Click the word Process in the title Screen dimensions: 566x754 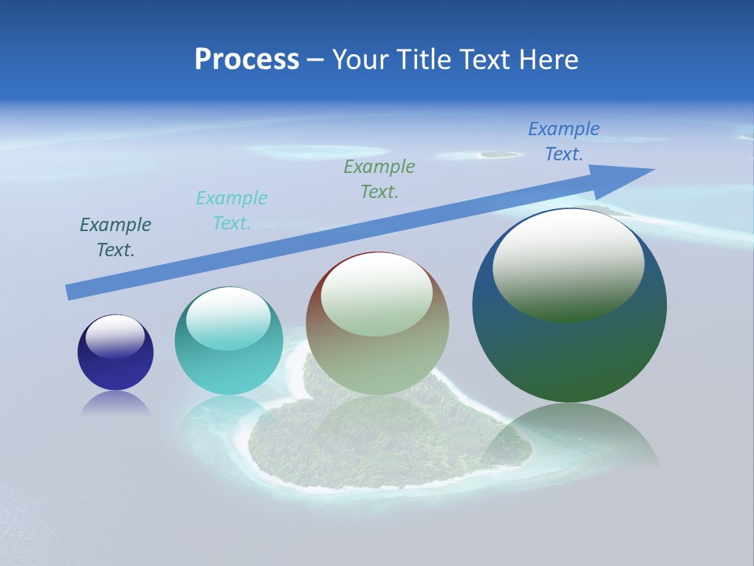pyautogui.click(x=247, y=60)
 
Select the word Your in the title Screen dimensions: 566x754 pyautogui.click(x=358, y=60)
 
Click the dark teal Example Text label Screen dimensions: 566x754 pyautogui.click(x=115, y=237)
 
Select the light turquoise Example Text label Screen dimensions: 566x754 pyautogui.click(x=232, y=210)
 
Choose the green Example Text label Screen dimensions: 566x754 pyautogui.click(x=379, y=178)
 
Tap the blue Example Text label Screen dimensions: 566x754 pyautogui.click(x=564, y=141)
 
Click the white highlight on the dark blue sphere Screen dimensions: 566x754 pyautogui.click(x=115, y=336)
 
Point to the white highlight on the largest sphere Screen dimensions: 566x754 pyautogui.click(x=568, y=263)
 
